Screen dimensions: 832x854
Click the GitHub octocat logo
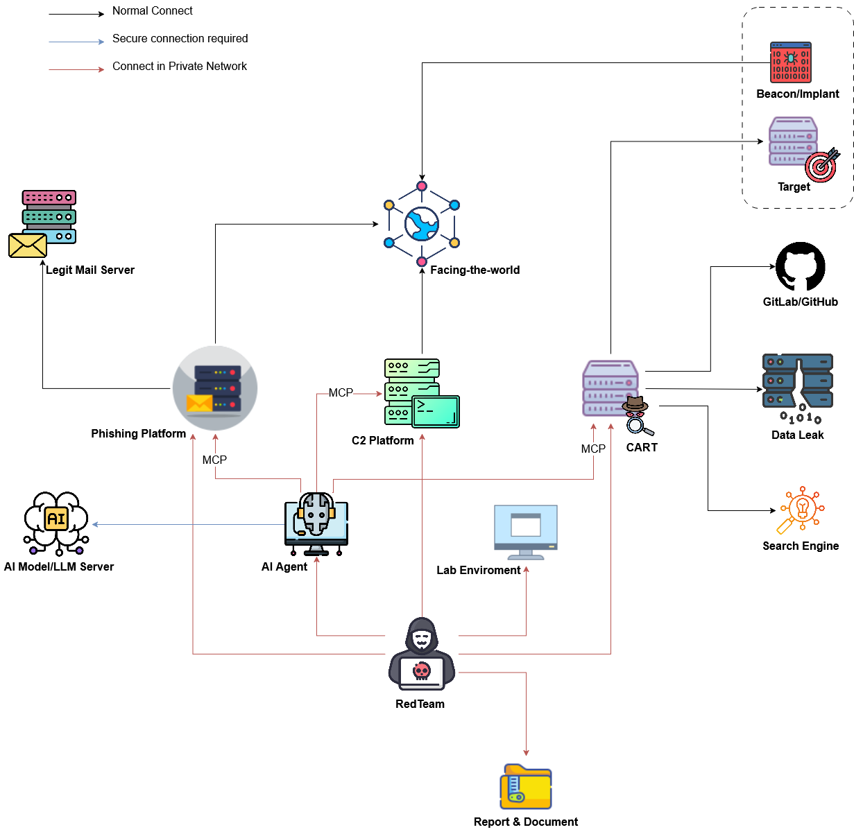click(x=800, y=266)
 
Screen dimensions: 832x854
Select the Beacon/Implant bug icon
click(x=790, y=62)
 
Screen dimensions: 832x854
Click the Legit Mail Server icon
click(x=44, y=224)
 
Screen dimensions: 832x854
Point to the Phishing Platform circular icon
click(x=215, y=388)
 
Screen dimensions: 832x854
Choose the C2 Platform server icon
click(x=420, y=392)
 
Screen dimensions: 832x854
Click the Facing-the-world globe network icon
click(x=422, y=224)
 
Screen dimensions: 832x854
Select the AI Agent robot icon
click(x=316, y=523)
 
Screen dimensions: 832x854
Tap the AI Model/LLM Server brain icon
click(x=56, y=522)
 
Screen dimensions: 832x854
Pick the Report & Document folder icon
click(x=526, y=787)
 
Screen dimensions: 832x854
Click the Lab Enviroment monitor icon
click(x=526, y=531)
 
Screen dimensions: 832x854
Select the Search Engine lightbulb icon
click(x=801, y=510)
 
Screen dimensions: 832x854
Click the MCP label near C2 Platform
click(x=341, y=393)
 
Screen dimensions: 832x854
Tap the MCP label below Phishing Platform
click(x=214, y=460)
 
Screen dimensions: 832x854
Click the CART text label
click(x=642, y=448)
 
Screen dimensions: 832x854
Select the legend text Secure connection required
click(x=180, y=39)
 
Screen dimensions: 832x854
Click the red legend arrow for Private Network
click(x=76, y=69)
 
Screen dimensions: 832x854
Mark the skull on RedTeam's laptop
click(x=422, y=671)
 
